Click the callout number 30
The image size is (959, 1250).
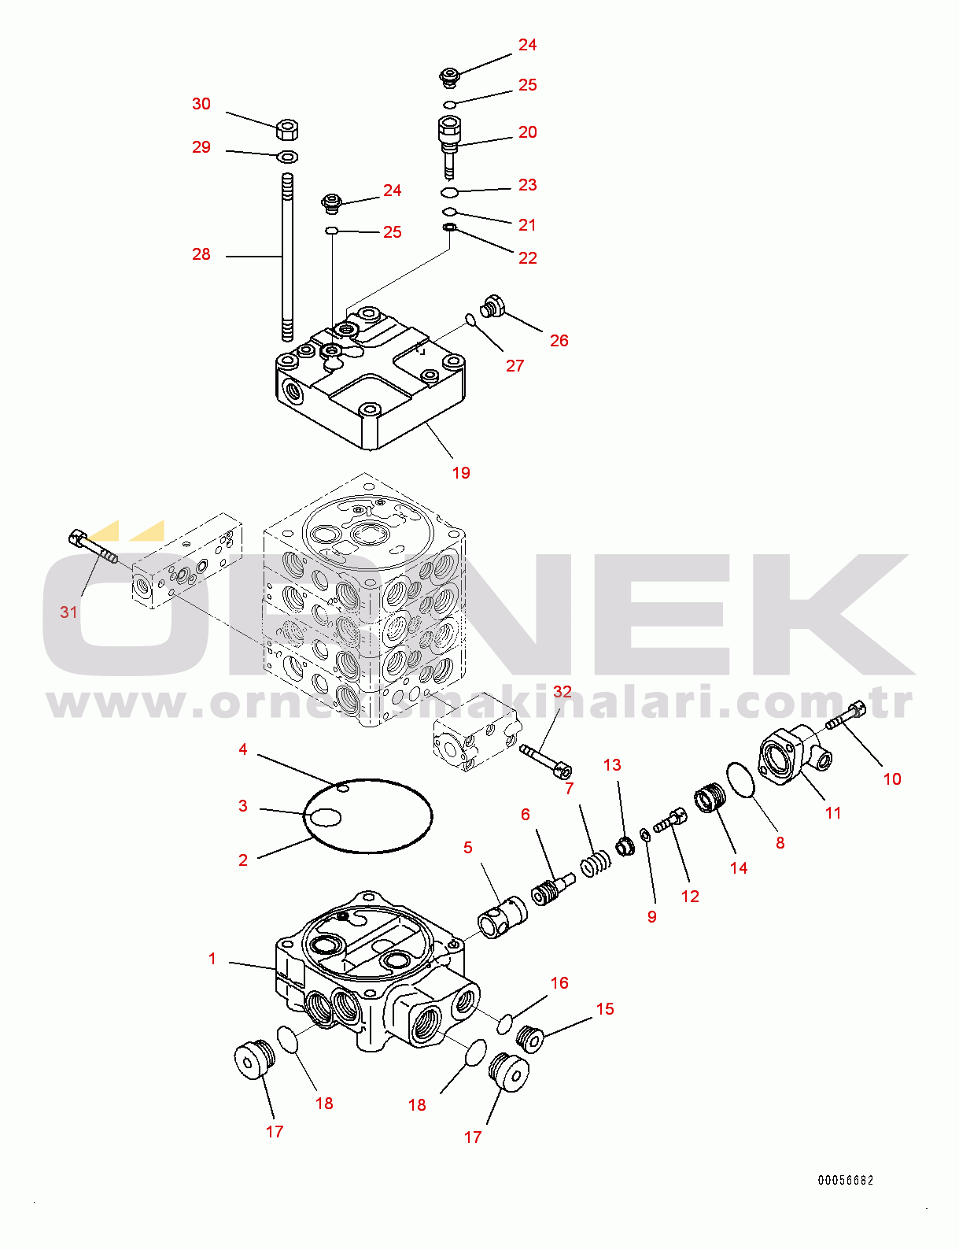click(x=201, y=104)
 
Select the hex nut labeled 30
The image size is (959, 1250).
click(x=288, y=128)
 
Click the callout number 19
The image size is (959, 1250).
click(x=461, y=472)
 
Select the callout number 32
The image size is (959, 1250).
click(x=562, y=692)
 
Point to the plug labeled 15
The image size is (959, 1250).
click(x=531, y=1037)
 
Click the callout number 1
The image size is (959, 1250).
click(x=212, y=959)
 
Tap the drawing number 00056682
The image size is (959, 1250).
click(x=845, y=1180)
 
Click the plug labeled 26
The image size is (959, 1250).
click(x=492, y=306)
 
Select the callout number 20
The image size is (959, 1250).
click(x=528, y=132)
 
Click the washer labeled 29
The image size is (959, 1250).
click(x=288, y=155)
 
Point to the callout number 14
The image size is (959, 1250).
click(x=739, y=867)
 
